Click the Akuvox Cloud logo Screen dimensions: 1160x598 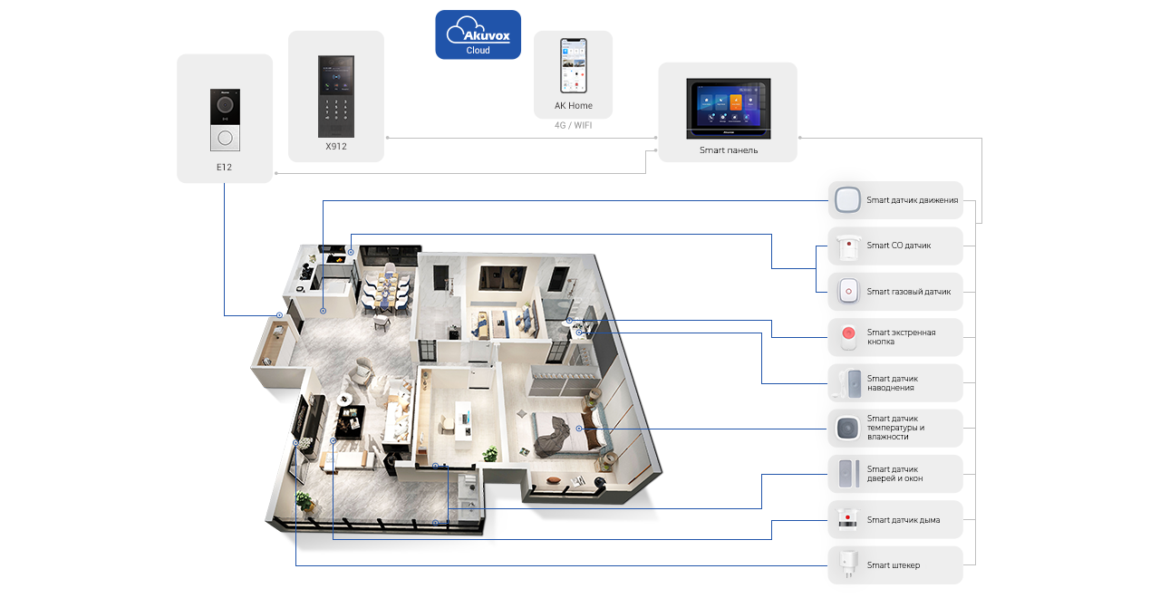pyautogui.click(x=478, y=34)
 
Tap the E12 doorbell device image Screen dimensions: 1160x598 pyautogui.click(x=225, y=120)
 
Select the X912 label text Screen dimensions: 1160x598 pyautogui.click(x=336, y=147)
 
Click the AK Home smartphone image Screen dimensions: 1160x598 pyautogui.click(x=574, y=65)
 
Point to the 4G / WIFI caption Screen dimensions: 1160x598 pyautogui.click(x=574, y=125)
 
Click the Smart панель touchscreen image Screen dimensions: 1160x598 pyautogui.click(x=728, y=108)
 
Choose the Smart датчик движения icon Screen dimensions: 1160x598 pyautogui.click(x=847, y=200)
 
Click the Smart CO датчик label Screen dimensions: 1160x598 pyautogui.click(x=899, y=246)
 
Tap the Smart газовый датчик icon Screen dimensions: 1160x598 pyautogui.click(x=848, y=292)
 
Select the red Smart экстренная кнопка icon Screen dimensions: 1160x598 pyautogui.click(x=848, y=336)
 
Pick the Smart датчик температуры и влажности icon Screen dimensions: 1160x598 pyautogui.click(x=847, y=429)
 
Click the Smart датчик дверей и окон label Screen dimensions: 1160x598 pyautogui.click(x=894, y=474)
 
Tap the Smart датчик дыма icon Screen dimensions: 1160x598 pyautogui.click(x=847, y=520)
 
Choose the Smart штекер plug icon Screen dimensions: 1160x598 pyautogui.click(x=847, y=564)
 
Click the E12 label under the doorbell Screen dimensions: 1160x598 pyautogui.click(x=224, y=168)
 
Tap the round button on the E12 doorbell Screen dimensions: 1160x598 pyautogui.click(x=226, y=139)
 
